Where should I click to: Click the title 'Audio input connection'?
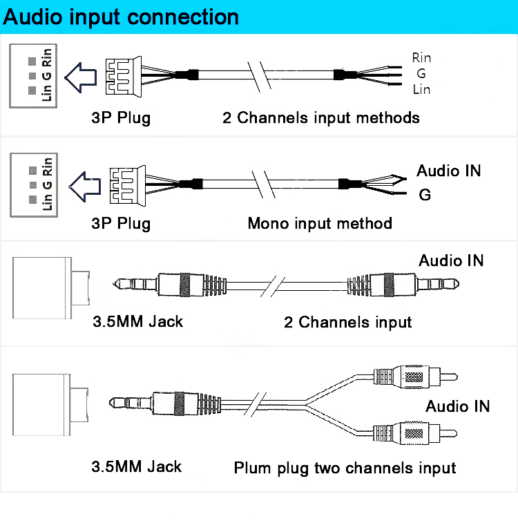point(121,17)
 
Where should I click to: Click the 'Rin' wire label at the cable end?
point(421,57)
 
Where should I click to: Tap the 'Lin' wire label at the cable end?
point(421,89)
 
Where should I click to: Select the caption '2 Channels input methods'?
point(320,117)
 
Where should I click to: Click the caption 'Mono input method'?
point(319,223)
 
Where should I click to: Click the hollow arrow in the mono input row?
point(85,183)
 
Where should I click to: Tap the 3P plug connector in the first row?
point(123,75)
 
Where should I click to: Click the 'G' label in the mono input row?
point(425,195)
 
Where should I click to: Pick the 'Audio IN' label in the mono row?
point(448,171)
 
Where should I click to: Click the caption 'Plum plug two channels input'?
point(345,468)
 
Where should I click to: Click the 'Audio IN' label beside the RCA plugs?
point(457,406)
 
